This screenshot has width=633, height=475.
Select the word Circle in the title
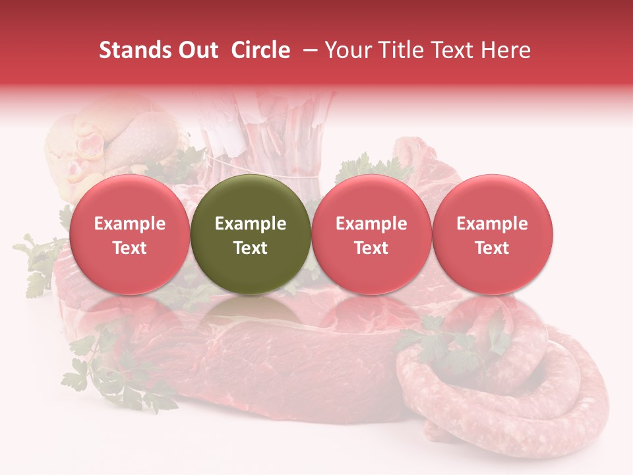(260, 50)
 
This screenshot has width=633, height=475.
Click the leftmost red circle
(130, 236)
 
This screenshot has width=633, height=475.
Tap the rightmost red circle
(493, 236)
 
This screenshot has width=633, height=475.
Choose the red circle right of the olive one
(371, 236)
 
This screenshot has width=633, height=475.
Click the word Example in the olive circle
(251, 224)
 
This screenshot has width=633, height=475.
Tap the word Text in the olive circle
(251, 248)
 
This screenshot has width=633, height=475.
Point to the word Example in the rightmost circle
(493, 224)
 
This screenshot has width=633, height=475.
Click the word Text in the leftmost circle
(130, 248)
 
